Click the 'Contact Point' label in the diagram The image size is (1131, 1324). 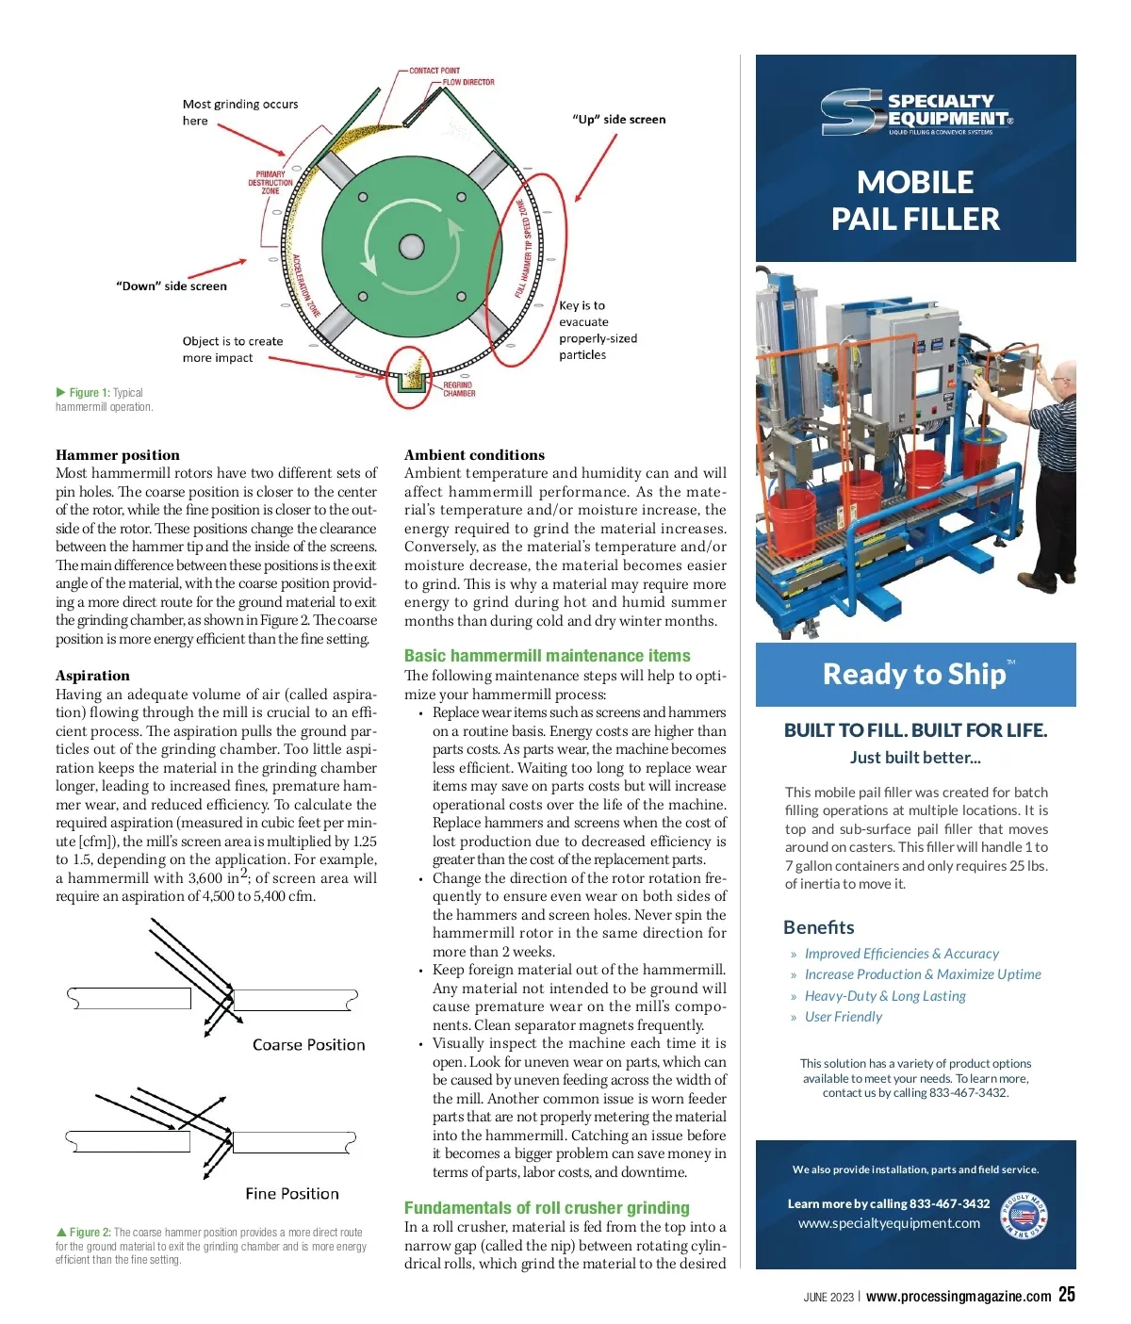tap(434, 71)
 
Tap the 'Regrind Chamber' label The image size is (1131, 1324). tap(459, 389)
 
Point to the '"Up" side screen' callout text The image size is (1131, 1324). tap(618, 120)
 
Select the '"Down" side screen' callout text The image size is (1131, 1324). tap(172, 286)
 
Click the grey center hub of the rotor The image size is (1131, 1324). tap(411, 248)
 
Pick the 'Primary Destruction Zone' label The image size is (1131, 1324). tap(270, 183)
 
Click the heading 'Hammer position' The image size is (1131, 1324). tap(118, 455)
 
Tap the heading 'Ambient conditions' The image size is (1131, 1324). tap(474, 455)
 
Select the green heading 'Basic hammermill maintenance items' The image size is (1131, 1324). tap(547, 656)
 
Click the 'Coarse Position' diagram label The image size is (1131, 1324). tap(308, 1045)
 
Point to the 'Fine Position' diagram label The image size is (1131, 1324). tap(292, 1194)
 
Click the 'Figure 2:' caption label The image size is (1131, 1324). tap(90, 1233)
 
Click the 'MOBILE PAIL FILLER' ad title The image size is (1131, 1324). tap(915, 201)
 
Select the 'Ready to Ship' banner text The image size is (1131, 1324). tap(914, 675)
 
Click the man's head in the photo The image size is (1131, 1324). tap(1063, 376)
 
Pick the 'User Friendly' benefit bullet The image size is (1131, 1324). tap(844, 1017)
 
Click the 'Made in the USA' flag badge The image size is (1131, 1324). tap(1024, 1217)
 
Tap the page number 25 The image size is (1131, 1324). tap(1066, 1295)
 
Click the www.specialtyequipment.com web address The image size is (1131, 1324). tap(889, 1223)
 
